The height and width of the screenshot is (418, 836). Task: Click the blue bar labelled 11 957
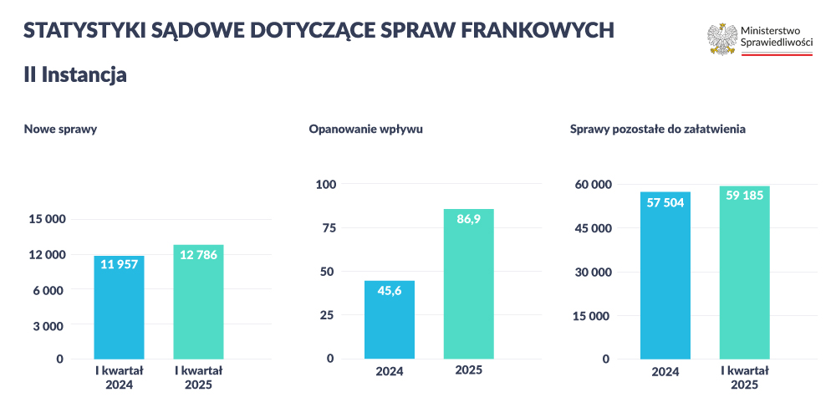119,307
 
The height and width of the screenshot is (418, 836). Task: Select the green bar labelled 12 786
198,302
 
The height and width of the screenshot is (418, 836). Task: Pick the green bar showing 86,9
468,283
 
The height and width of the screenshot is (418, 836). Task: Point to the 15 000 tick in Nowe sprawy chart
47,220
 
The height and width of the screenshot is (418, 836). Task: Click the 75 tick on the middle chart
328,228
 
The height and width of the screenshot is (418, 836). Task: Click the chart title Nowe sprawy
60,130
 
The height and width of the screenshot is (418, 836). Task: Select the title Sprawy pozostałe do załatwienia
657,130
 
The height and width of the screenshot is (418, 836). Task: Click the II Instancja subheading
74,74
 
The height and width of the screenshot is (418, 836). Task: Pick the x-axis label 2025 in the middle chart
468,370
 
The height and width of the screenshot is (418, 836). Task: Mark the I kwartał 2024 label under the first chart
119,377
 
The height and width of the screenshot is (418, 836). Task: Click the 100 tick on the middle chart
324,185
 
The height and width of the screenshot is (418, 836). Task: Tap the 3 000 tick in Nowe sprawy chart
48,325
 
